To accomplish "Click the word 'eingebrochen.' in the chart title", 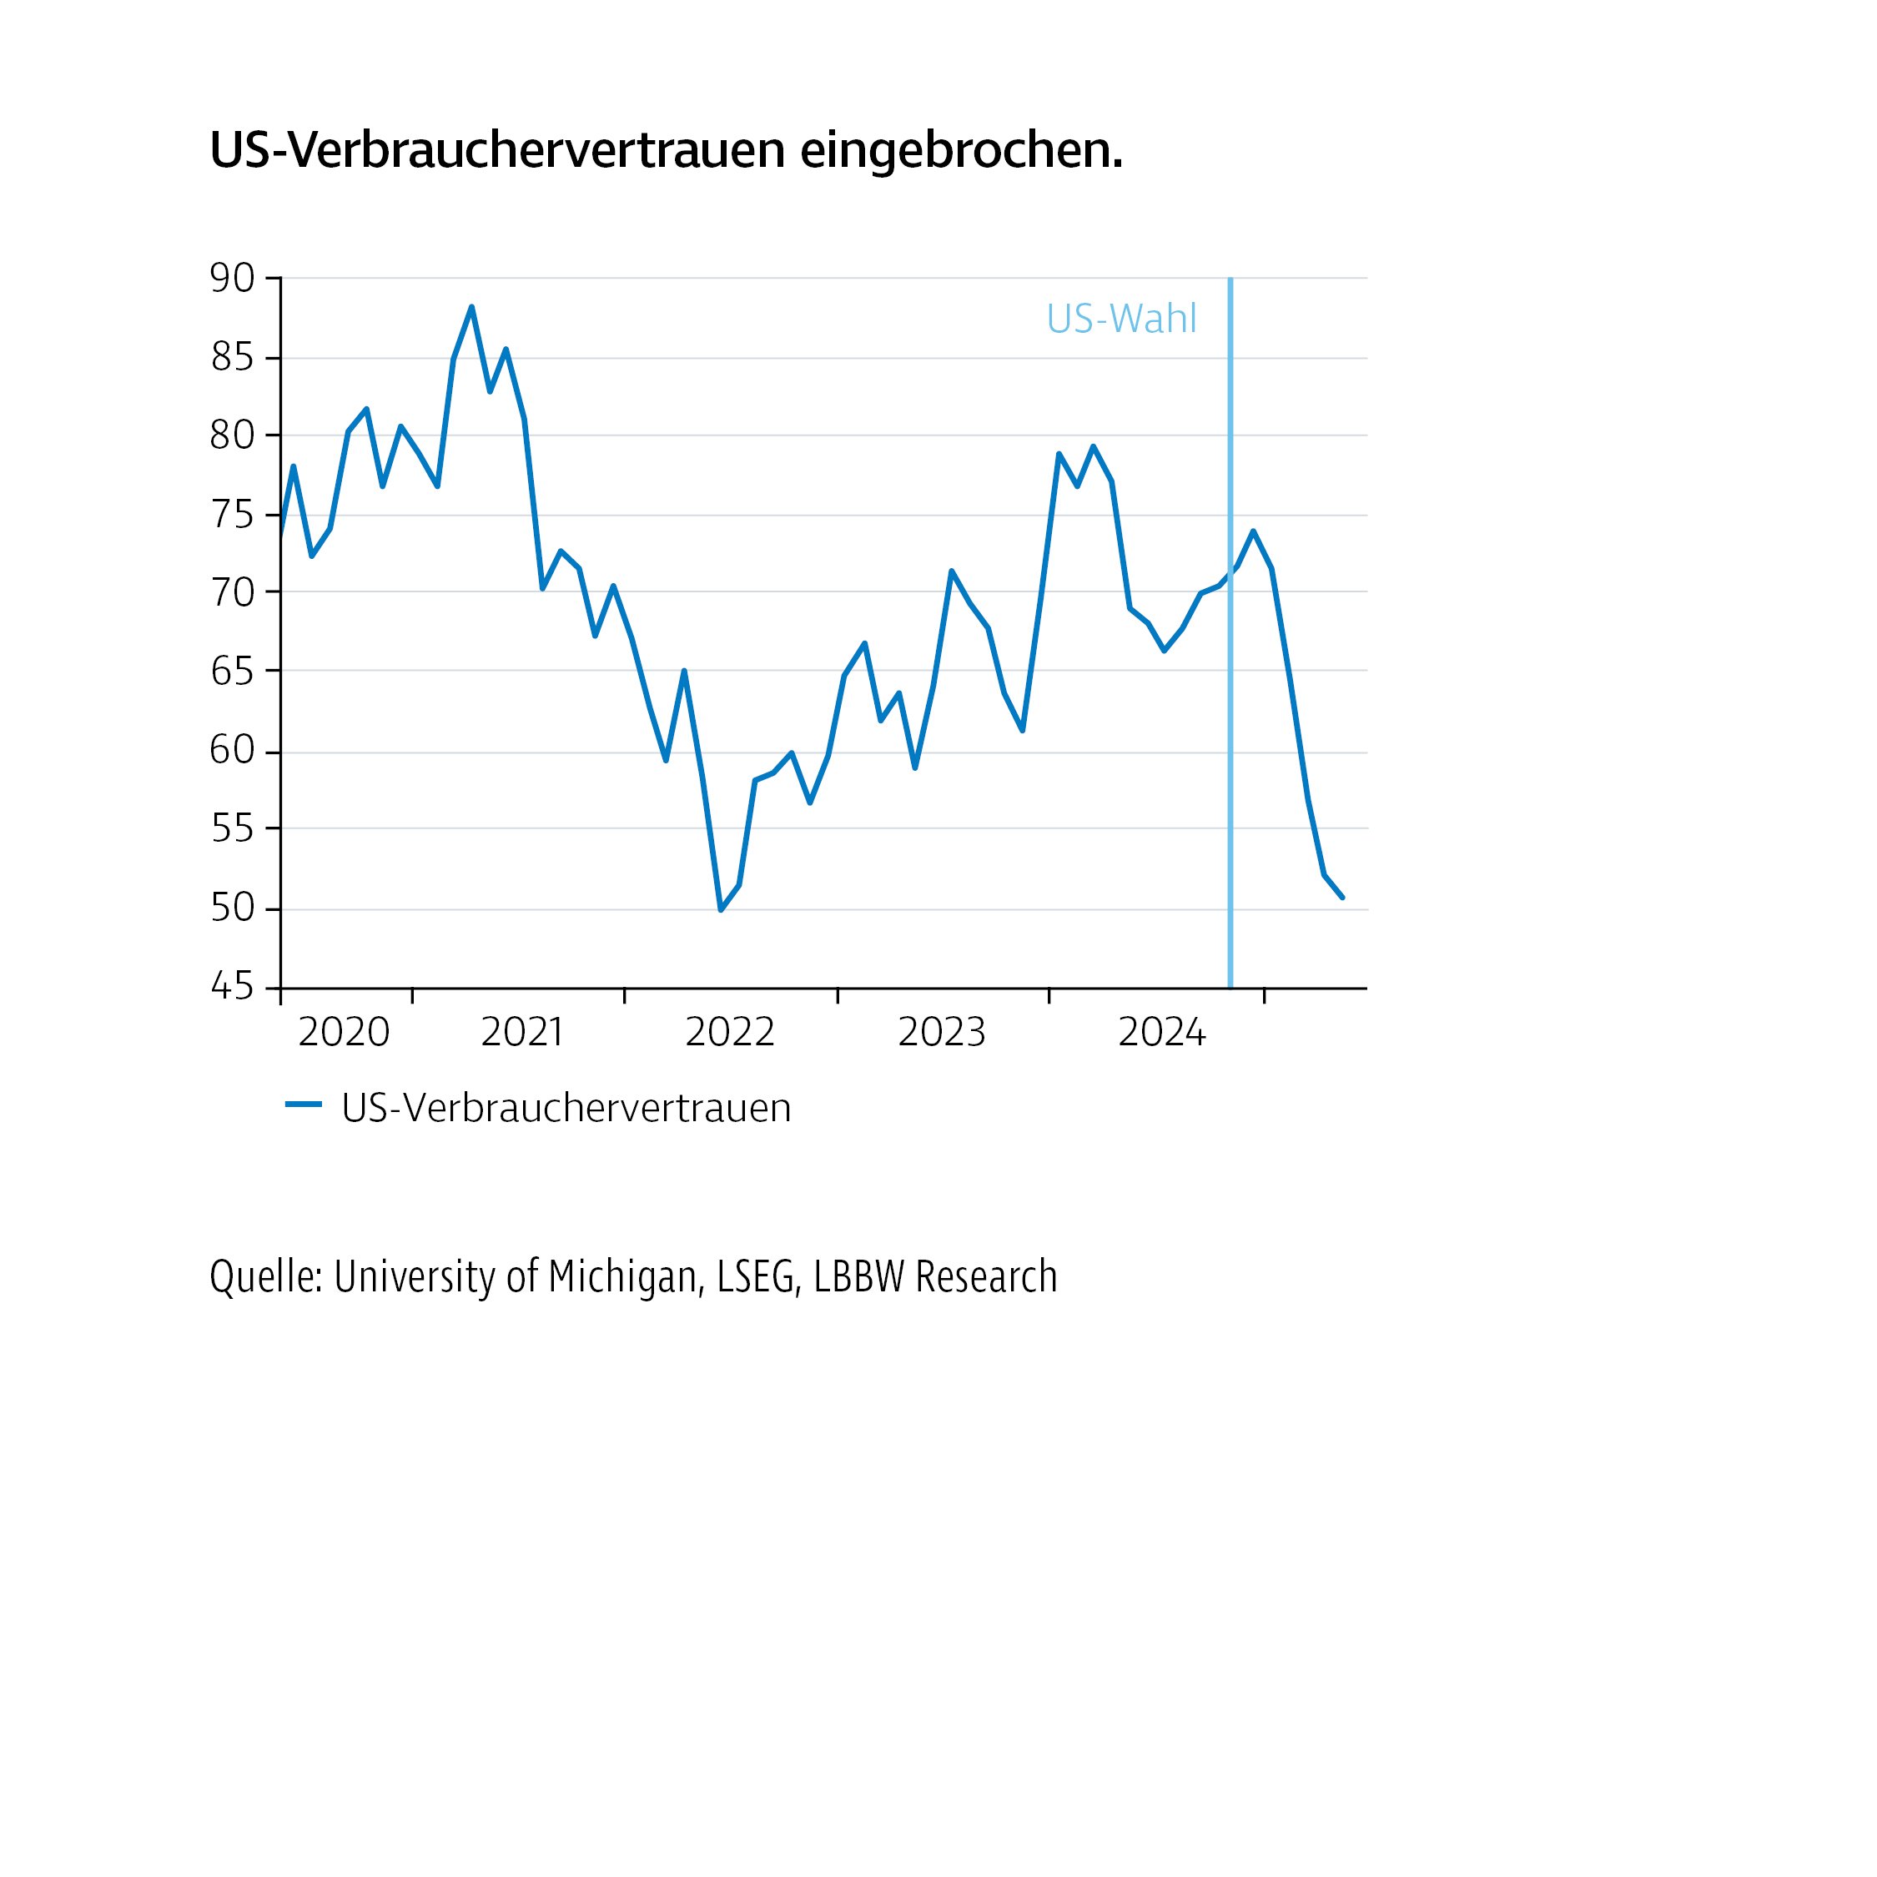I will point(961,151).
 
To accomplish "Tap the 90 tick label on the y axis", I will point(232,279).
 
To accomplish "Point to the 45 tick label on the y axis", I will point(232,987).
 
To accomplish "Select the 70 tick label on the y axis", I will point(232,591).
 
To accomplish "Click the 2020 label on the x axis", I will point(343,1033).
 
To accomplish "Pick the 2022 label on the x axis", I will point(730,1033).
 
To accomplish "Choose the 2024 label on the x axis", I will point(1162,1033).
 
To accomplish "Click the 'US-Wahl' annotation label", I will point(1121,319).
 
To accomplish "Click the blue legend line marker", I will point(303,1105).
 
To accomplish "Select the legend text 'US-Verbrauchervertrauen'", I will point(566,1109).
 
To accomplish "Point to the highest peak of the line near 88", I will point(471,307).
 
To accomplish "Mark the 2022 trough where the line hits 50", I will point(721,909).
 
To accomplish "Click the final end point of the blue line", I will point(1341,897).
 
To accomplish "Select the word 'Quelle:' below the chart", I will point(265,1276).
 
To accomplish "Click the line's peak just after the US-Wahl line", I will point(1253,531).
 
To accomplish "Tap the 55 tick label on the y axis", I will point(232,828).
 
